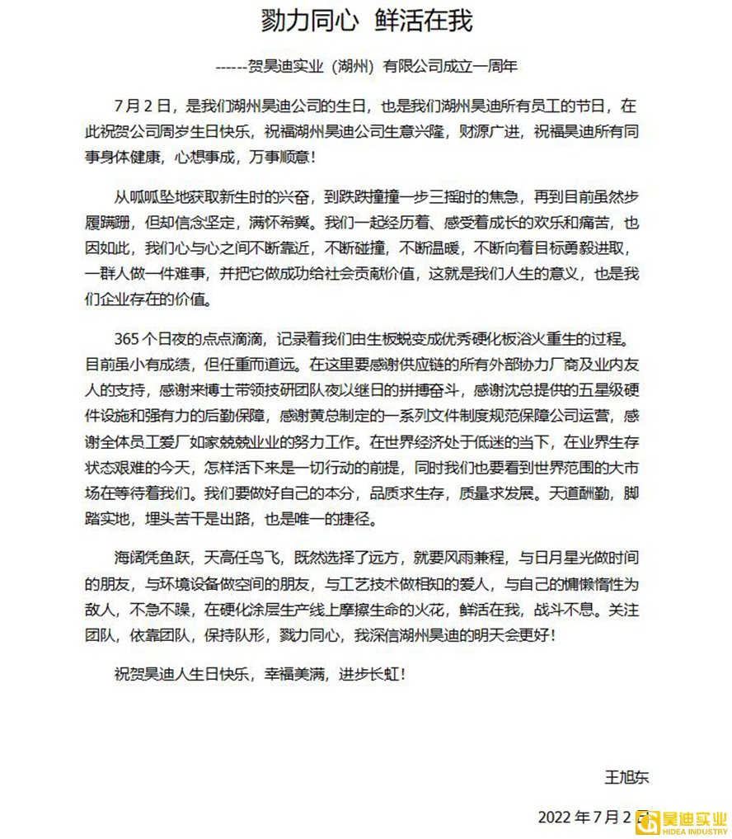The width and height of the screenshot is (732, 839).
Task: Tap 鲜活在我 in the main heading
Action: (x=425, y=20)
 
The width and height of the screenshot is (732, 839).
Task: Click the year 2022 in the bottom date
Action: (x=555, y=817)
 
